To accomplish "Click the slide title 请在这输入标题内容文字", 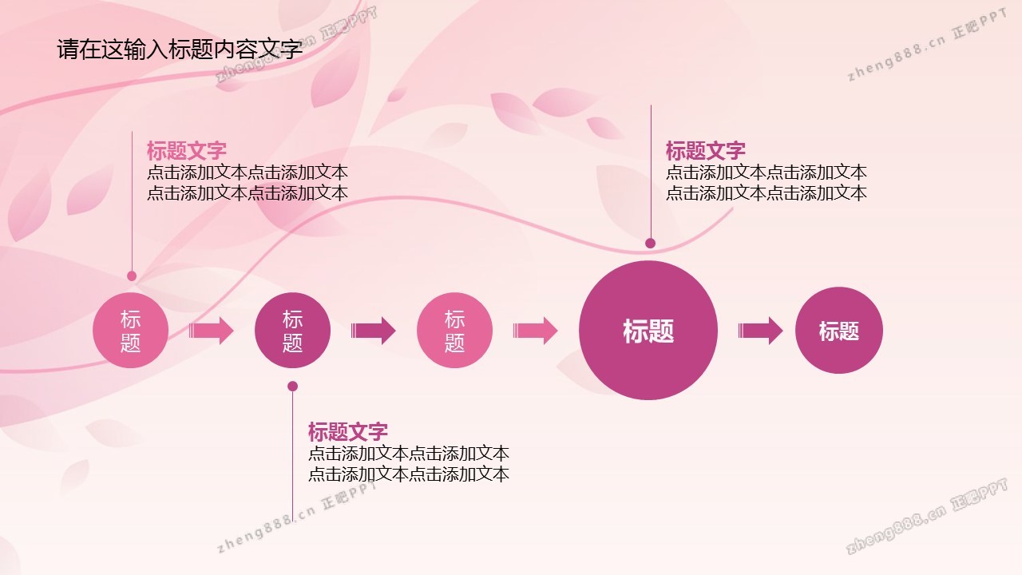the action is (x=180, y=50).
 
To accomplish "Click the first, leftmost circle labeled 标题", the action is (x=130, y=331).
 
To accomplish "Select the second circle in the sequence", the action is (x=292, y=331).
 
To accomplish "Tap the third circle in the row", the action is (x=454, y=331).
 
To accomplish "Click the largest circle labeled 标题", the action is (x=648, y=331).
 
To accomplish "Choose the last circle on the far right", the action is (x=839, y=331).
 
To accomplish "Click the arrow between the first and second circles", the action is (x=212, y=331).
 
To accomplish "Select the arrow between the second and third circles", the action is (x=373, y=331).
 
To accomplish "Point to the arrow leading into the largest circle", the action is (x=535, y=331).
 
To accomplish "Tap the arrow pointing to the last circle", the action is (x=761, y=331).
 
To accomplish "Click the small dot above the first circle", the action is (x=132, y=276).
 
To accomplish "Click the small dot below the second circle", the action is (x=293, y=386).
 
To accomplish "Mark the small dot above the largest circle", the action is (x=651, y=243).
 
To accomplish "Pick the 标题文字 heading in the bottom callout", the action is (x=348, y=431).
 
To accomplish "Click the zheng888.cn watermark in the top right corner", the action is (x=927, y=45).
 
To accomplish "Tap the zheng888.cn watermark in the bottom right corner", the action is (x=927, y=517).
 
